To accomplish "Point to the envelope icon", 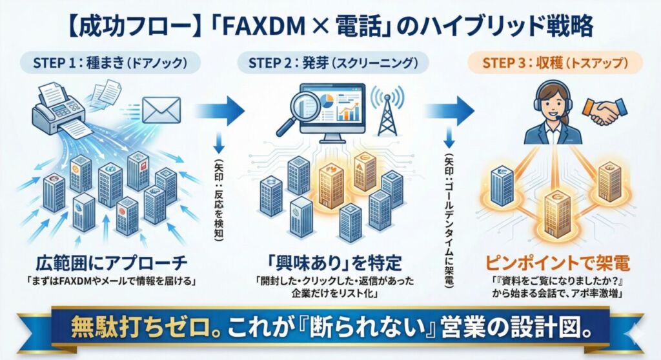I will tap(161, 109).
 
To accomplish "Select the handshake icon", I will tap(603, 110).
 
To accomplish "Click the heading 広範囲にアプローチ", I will tap(109, 263).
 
